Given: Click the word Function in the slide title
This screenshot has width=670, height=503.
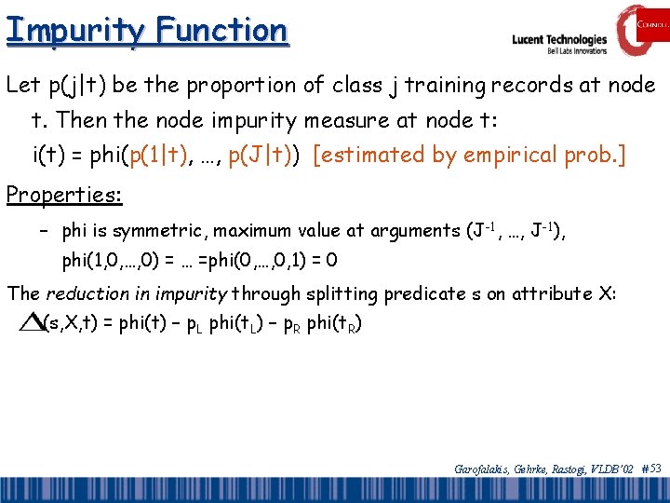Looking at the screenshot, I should pyautogui.click(x=222, y=31).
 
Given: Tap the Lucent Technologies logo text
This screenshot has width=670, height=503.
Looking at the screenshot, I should pyautogui.click(x=559, y=40).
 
